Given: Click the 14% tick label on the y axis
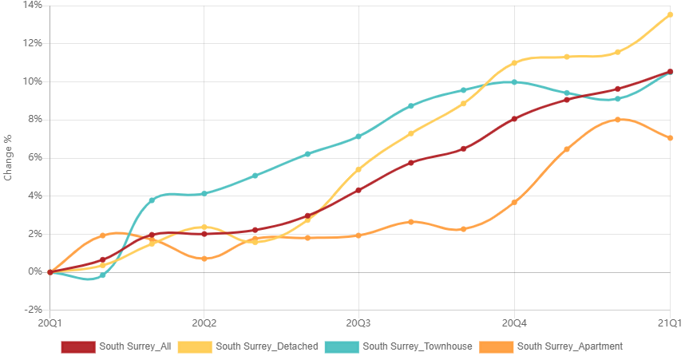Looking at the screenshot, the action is pyautogui.click(x=33, y=6).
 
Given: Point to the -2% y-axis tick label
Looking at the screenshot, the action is pyautogui.click(x=33, y=310).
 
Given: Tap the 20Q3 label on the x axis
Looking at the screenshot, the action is pyautogui.click(x=358, y=323).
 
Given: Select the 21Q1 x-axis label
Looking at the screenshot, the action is pyautogui.click(x=670, y=323).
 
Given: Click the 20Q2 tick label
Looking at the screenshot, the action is pyautogui.click(x=204, y=323).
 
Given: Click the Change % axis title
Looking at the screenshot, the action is pyautogui.click(x=7, y=158).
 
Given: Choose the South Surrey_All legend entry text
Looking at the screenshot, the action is pyautogui.click(x=135, y=346).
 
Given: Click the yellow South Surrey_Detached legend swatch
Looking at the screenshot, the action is pyautogui.click(x=195, y=347).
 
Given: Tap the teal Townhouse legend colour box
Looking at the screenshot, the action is pyautogui.click(x=342, y=347).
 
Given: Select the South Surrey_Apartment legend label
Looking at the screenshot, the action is pyautogui.click(x=570, y=346).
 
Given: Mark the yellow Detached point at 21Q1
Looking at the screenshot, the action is pyautogui.click(x=670, y=15).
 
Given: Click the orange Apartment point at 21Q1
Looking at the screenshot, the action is pyautogui.click(x=670, y=138).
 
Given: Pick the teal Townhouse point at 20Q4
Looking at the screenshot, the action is pyautogui.click(x=514, y=82).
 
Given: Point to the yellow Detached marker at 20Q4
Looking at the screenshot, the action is pyautogui.click(x=514, y=63).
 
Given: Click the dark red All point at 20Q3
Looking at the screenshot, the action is pyautogui.click(x=358, y=191).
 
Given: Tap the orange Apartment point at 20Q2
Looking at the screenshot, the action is pyautogui.click(x=204, y=259).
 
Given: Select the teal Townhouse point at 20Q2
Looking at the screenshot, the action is pyautogui.click(x=204, y=193).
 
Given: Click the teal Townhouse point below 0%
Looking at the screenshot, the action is pyautogui.click(x=102, y=275).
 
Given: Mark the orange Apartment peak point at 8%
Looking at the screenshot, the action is pyautogui.click(x=618, y=119).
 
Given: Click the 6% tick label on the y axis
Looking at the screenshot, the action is pyautogui.click(x=34, y=157).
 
